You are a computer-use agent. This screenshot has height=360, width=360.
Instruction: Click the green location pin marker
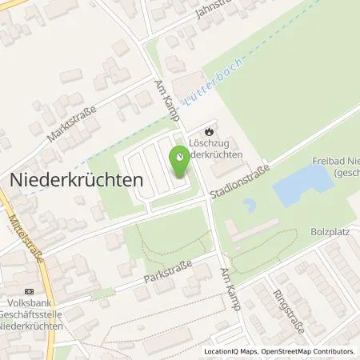coord(180,164)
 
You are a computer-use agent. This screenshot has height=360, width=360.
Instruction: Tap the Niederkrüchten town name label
coord(76,181)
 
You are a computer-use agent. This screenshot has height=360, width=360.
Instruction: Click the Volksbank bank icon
coord(30,291)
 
